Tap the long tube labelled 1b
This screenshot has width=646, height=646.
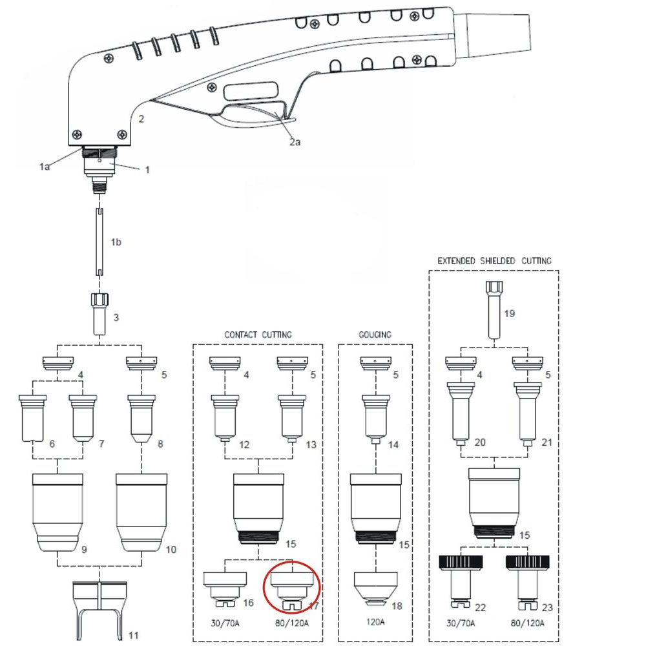click(99, 242)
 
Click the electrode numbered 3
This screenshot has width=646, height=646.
click(99, 314)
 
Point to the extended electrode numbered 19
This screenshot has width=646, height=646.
click(494, 309)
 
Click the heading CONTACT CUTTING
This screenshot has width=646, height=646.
click(258, 335)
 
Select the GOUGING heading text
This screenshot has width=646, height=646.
click(375, 335)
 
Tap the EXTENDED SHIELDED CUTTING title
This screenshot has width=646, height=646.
click(494, 261)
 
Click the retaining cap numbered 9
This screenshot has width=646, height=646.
click(57, 512)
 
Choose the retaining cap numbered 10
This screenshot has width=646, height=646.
click(141, 512)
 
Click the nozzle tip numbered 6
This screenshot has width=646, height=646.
click(32, 418)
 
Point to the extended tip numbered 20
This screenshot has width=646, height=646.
click(461, 413)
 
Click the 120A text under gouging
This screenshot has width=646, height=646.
click(375, 621)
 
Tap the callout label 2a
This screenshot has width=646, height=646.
click(295, 142)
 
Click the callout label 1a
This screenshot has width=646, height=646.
click(45, 167)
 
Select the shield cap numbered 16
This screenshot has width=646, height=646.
click(225, 589)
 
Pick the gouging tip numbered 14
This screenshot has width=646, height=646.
click(376, 419)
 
